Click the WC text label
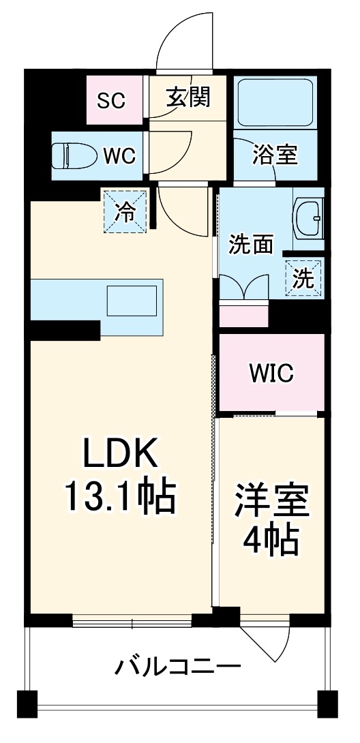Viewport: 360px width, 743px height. tap(119, 155)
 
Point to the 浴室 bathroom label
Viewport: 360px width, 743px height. tap(275, 155)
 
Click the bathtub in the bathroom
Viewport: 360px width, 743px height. tap(273, 101)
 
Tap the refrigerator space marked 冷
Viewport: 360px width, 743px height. tap(125, 211)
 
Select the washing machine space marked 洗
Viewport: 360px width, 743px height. tap(303, 278)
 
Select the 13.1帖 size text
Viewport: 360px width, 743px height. tap(121, 497)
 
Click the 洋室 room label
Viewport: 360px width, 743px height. tap(272, 502)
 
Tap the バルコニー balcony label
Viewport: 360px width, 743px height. tap(177, 666)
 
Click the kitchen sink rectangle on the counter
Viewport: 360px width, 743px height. tap(132, 301)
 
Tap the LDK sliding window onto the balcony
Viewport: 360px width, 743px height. tap(132, 621)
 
